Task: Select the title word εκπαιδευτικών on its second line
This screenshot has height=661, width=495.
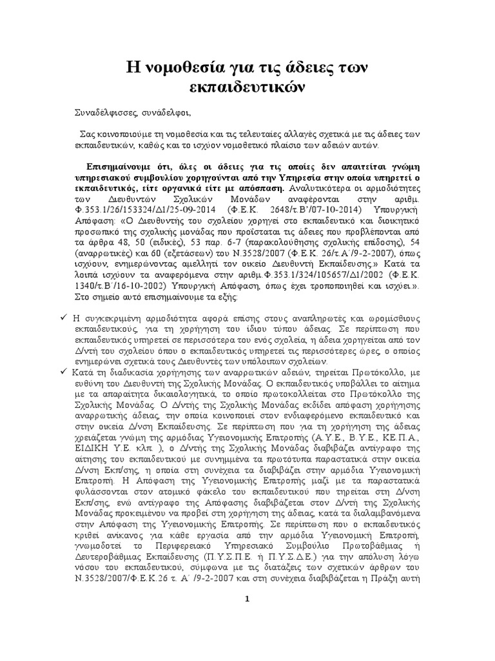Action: [x=247, y=86]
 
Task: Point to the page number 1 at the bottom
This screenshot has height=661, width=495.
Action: [x=247, y=598]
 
